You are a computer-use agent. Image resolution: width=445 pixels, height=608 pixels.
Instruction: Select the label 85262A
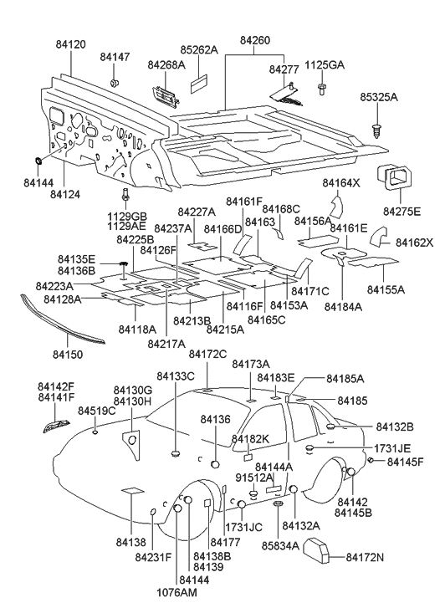(x=199, y=50)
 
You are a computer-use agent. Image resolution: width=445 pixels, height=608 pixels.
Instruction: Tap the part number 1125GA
(x=324, y=64)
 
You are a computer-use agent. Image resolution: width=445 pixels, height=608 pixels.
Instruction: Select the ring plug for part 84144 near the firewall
(x=41, y=159)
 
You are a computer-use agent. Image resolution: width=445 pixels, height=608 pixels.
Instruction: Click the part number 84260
(x=255, y=40)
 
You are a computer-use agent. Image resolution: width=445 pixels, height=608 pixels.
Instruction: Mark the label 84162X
(x=415, y=243)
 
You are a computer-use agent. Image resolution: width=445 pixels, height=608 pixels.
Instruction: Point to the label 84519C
(x=97, y=411)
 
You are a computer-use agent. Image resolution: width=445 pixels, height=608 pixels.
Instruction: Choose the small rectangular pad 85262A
(x=199, y=84)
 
